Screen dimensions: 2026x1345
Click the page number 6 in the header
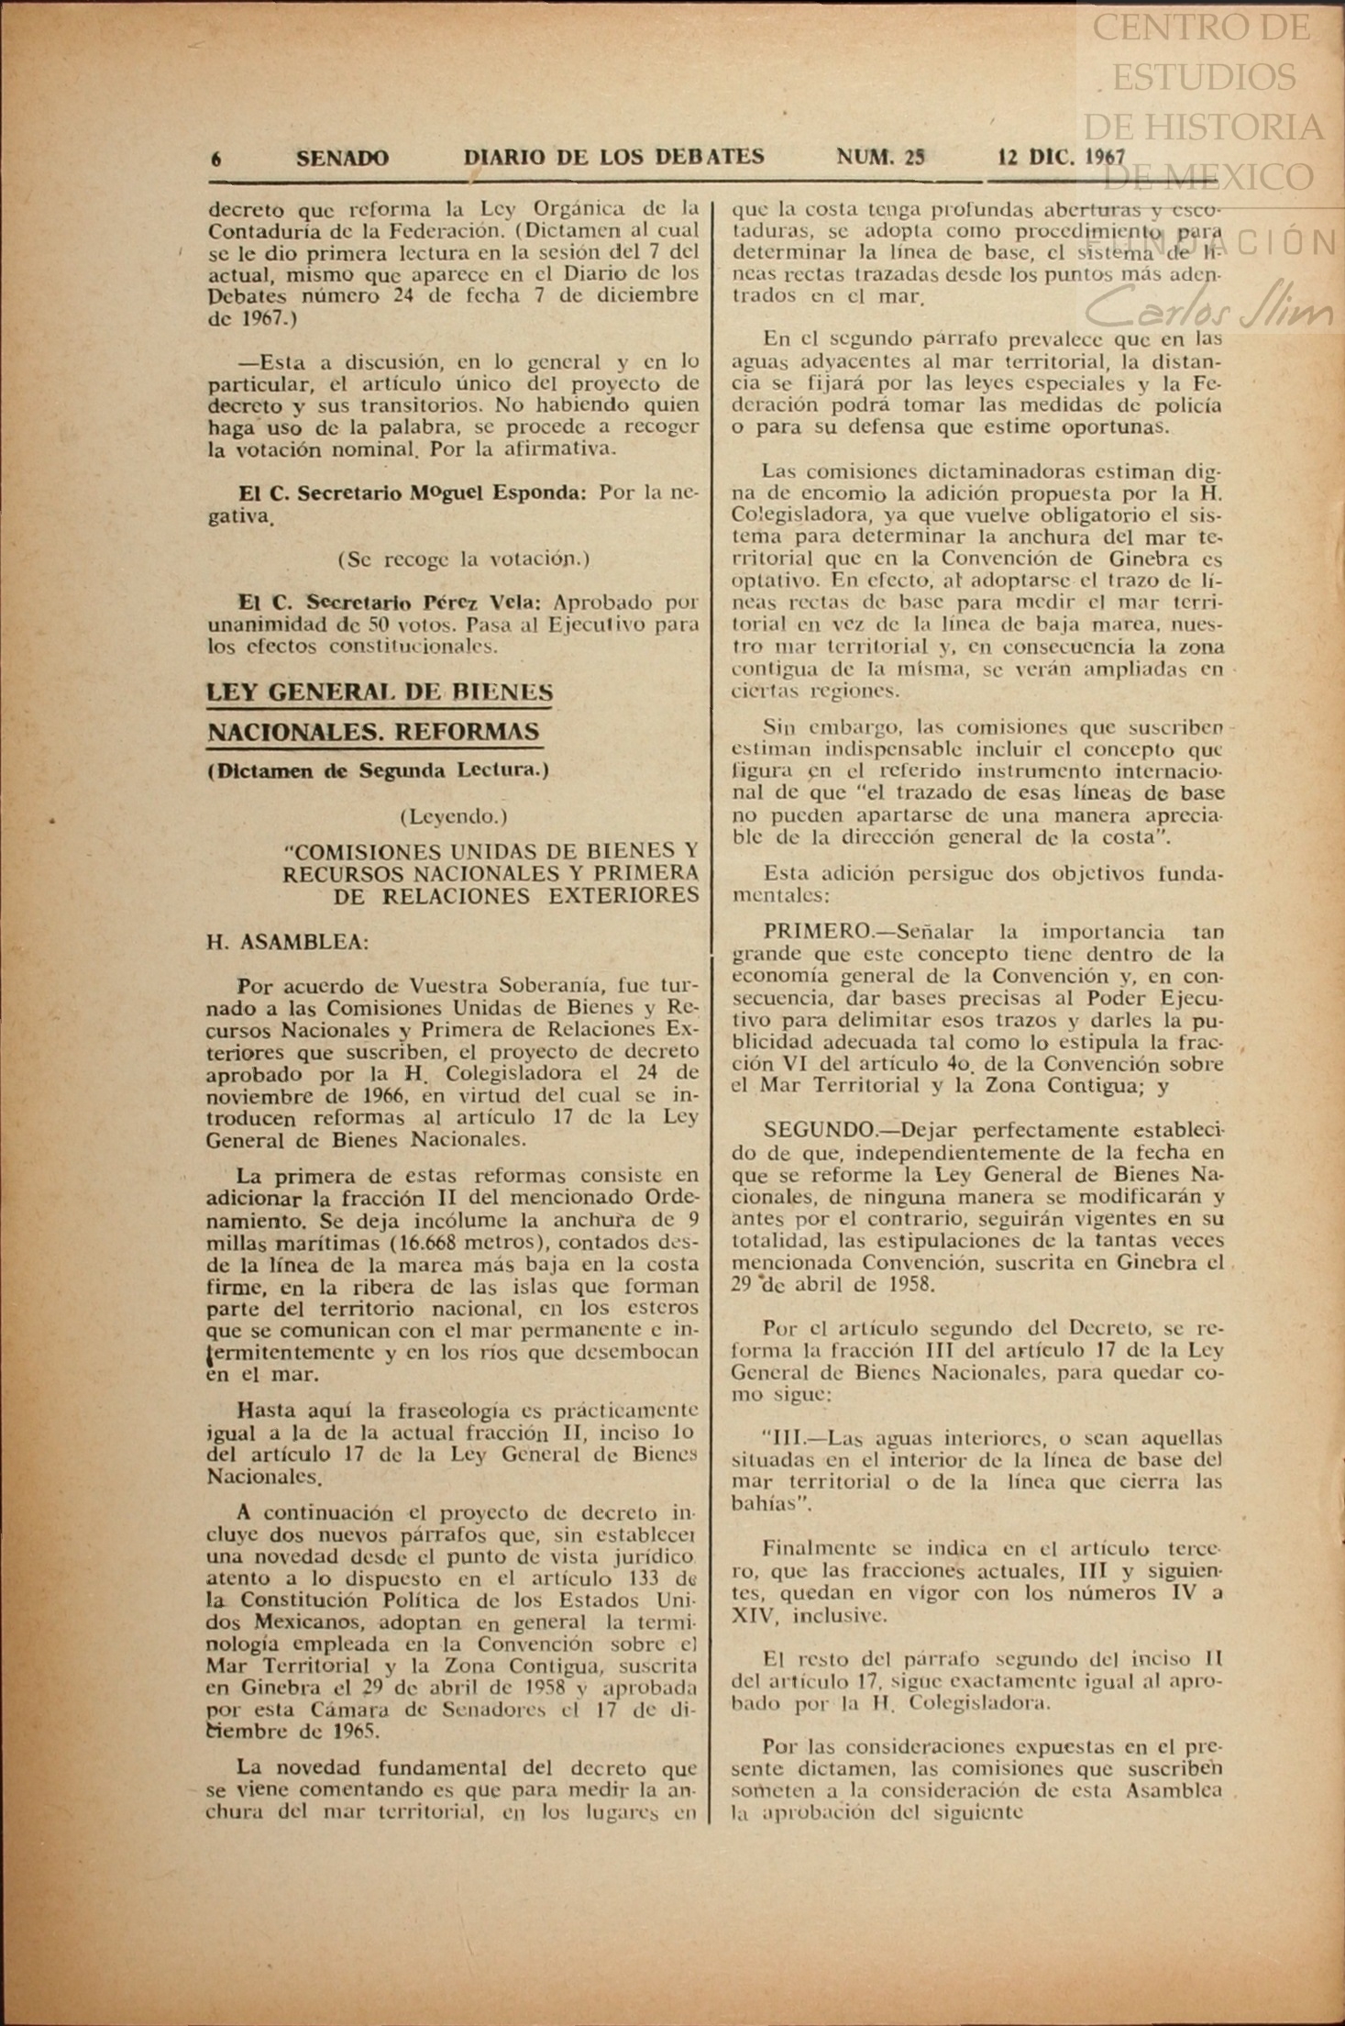click(x=216, y=159)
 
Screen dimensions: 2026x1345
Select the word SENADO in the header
click(x=342, y=159)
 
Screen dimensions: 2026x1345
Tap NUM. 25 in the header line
click(x=880, y=157)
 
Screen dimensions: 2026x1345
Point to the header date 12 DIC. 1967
click(x=1061, y=157)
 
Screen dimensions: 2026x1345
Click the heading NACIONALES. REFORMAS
click(x=373, y=732)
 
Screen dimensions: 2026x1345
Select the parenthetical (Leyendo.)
click(x=453, y=815)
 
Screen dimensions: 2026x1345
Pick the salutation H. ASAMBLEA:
click(x=287, y=942)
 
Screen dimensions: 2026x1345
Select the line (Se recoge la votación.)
click(x=464, y=559)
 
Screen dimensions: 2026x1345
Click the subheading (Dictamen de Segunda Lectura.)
click(x=378, y=770)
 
